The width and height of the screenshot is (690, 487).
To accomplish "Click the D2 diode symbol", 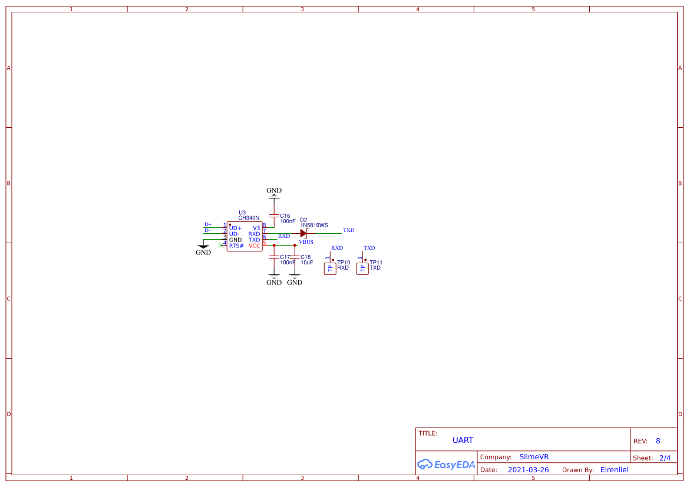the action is pos(303,234).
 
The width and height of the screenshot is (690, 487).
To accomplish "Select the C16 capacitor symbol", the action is pos(274,216).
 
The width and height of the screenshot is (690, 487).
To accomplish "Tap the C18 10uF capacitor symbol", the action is pos(295,257).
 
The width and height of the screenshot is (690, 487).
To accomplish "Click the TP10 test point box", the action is pos(330,269).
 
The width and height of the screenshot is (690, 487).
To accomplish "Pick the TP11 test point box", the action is pos(362,269).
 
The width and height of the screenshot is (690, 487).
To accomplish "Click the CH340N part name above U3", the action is pos(249,218).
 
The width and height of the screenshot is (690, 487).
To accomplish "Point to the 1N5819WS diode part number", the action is pos(313,225).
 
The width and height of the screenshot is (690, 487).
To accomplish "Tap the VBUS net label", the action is pos(306,242).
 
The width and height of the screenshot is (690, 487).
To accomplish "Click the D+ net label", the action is pos(207,225).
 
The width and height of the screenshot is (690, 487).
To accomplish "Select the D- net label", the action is pos(207,230).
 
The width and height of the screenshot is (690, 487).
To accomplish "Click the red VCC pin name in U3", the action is pos(255,246).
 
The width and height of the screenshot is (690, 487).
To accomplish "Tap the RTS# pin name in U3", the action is pos(236,246).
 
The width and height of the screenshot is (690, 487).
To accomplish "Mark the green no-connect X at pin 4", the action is pos(221,245).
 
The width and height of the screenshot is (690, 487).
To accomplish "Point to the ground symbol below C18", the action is pos(295,280).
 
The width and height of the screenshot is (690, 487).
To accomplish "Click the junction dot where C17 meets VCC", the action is pos(274,245).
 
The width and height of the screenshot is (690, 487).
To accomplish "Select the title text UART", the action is pos(463,440).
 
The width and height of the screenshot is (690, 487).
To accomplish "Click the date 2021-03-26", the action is pos(528,470).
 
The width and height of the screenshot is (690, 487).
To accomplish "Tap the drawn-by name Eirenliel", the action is pos(615,470).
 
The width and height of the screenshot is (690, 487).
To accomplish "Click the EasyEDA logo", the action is pos(446,464).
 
